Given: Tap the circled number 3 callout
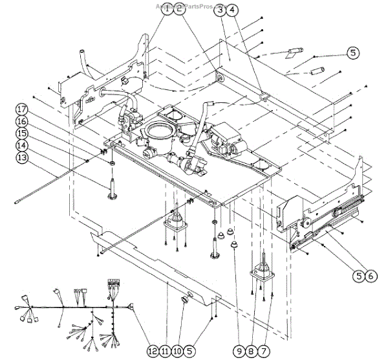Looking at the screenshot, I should (221, 10).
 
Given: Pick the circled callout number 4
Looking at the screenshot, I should (233, 10).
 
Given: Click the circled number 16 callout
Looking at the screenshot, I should (22, 121).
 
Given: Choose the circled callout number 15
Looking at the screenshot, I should (22, 133).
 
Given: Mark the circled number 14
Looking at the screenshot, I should (22, 145).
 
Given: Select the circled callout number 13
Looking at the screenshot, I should (22, 157).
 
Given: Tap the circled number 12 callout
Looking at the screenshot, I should (153, 350).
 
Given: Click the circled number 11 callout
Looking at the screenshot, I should (165, 350).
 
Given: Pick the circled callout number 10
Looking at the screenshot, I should (177, 350).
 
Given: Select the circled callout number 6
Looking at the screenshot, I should (370, 275).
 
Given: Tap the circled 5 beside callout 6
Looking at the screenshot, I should (358, 275).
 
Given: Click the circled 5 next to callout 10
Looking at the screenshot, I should (190, 350).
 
